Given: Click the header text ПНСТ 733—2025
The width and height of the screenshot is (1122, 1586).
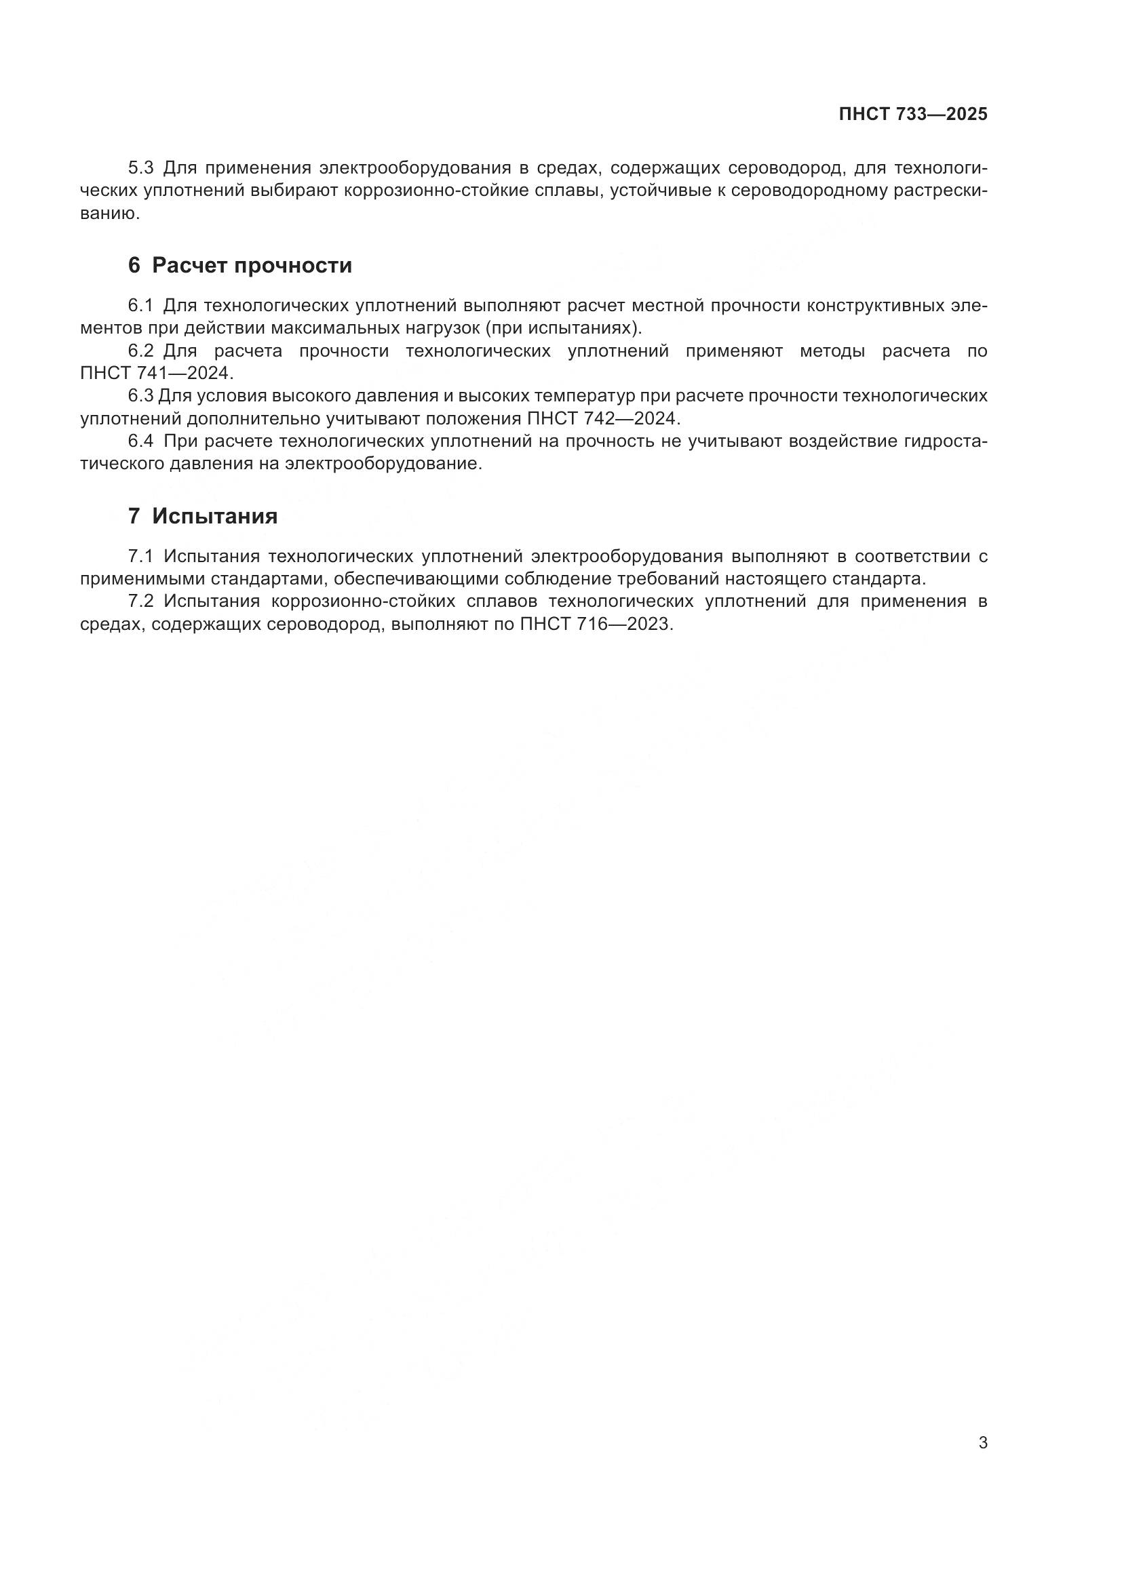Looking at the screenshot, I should [x=912, y=115].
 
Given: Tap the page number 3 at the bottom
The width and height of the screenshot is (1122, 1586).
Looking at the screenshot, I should [x=982, y=1442].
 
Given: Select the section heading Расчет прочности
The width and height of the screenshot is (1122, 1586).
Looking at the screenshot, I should [x=252, y=265].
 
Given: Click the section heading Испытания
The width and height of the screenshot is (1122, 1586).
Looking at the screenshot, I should [x=215, y=516].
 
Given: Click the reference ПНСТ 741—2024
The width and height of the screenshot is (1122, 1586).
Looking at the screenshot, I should [x=157, y=374].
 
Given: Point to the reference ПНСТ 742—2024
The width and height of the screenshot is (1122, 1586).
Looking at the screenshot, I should [x=603, y=418].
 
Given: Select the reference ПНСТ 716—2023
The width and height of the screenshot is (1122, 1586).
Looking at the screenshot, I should [x=595, y=624].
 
